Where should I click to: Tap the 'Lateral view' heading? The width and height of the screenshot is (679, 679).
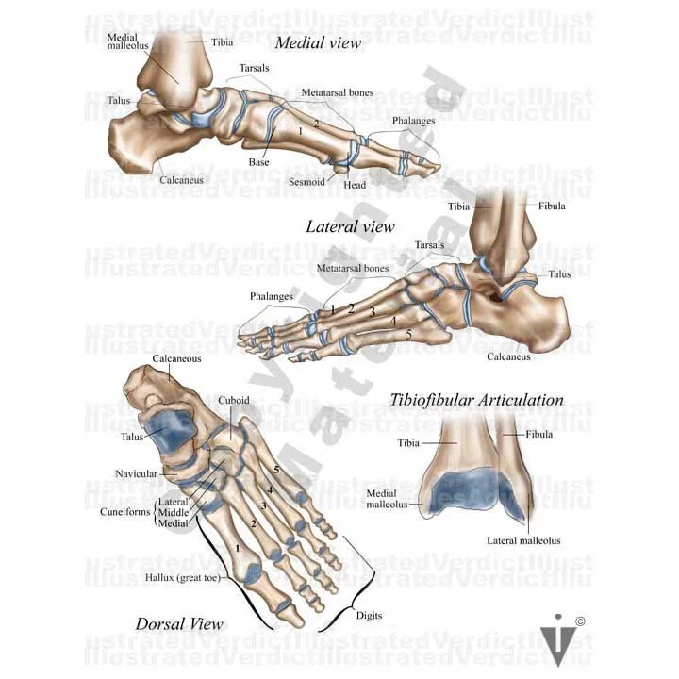point(350,226)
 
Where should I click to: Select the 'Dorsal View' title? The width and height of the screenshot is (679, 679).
point(179,624)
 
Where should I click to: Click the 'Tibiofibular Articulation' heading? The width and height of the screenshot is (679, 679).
point(476,400)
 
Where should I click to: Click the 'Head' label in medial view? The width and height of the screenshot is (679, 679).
point(355,185)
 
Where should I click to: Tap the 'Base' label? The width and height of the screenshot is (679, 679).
point(258,162)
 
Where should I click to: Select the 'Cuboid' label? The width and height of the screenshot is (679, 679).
point(234,400)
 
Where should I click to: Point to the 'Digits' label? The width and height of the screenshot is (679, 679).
point(369,615)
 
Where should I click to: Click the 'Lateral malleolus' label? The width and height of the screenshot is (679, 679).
point(523,540)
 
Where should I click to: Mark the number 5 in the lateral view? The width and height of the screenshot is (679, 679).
point(407,334)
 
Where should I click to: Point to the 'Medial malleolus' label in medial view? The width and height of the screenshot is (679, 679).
point(124,41)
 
